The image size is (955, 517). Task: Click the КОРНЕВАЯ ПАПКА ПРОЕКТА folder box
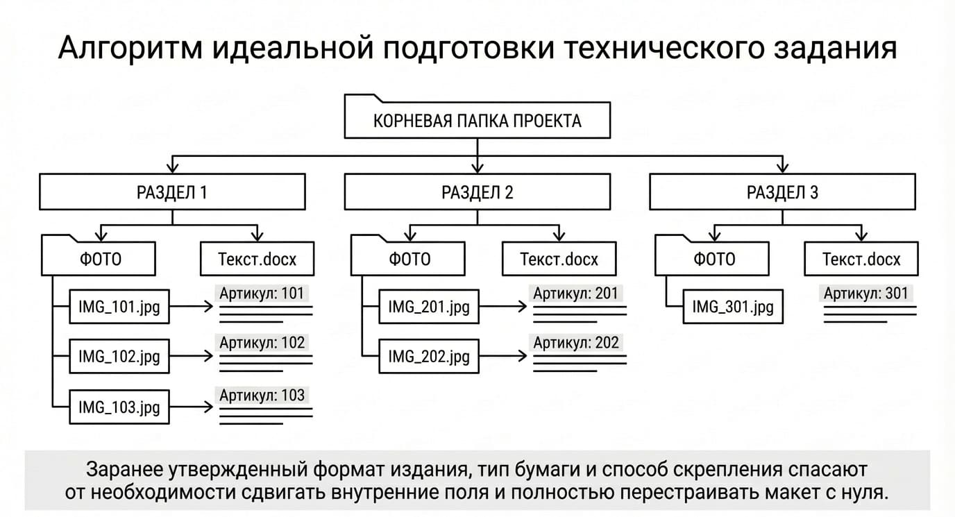tap(477, 120)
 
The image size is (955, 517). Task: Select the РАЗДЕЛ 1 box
tap(172, 192)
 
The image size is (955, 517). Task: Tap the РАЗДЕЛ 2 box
tap(477, 192)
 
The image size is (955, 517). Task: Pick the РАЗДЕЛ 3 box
tap(782, 192)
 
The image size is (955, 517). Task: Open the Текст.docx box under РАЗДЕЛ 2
tap(559, 259)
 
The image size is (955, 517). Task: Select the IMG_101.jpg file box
tap(119, 307)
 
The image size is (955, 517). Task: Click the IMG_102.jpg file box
tap(119, 356)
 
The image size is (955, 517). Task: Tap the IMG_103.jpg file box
tap(119, 407)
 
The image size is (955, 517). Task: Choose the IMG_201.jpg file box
tap(429, 307)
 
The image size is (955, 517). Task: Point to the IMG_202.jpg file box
tap(429, 356)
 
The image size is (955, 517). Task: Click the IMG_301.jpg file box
tap(733, 307)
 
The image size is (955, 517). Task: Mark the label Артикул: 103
tap(262, 395)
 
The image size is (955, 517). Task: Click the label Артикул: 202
tap(576, 343)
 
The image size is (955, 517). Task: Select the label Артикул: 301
tap(866, 294)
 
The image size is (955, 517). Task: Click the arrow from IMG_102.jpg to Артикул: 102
tap(191, 356)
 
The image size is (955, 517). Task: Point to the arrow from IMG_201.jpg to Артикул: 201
tap(503, 307)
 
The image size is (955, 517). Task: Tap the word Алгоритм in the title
tap(130, 48)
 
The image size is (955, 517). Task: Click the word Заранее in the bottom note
tap(124, 469)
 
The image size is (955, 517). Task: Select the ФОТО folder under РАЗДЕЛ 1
tap(99, 258)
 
